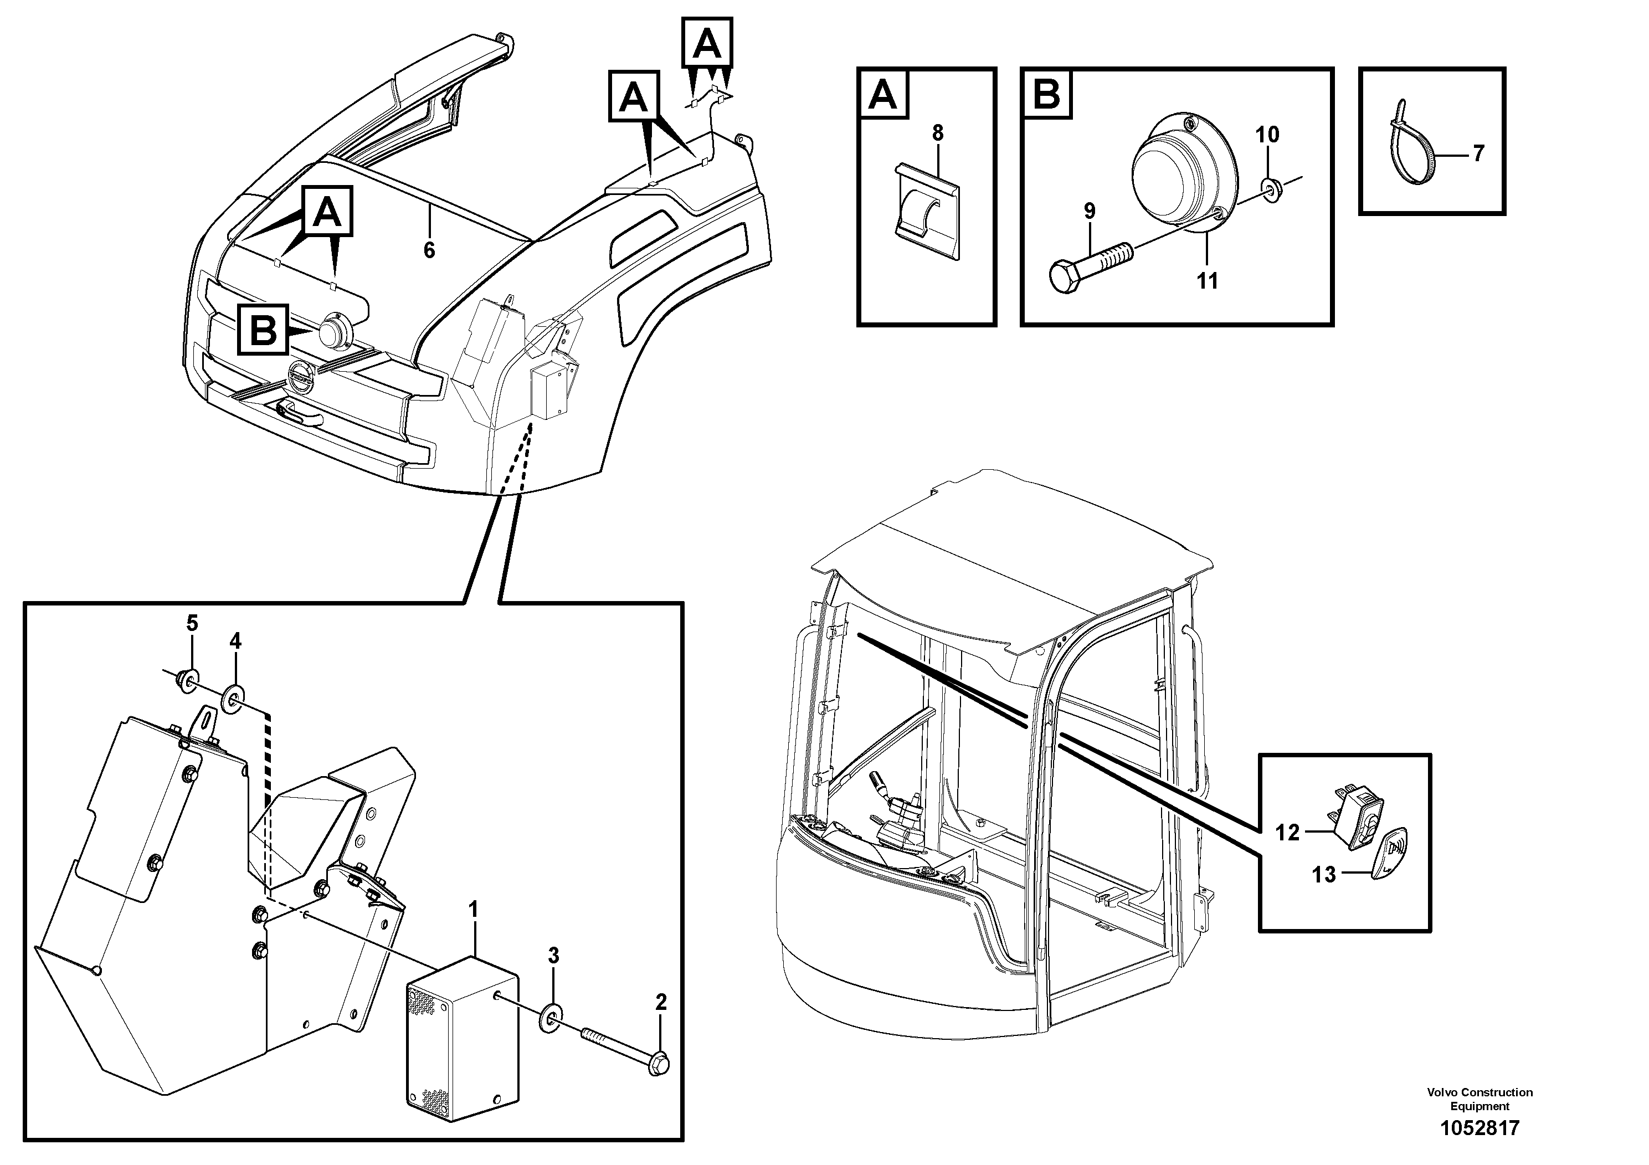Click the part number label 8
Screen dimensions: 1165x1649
[937, 134]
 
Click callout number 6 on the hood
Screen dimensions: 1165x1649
[429, 250]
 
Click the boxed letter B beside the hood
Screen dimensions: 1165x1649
[264, 330]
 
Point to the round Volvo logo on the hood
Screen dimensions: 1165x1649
[300, 378]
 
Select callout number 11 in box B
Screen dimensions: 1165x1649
[1208, 281]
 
